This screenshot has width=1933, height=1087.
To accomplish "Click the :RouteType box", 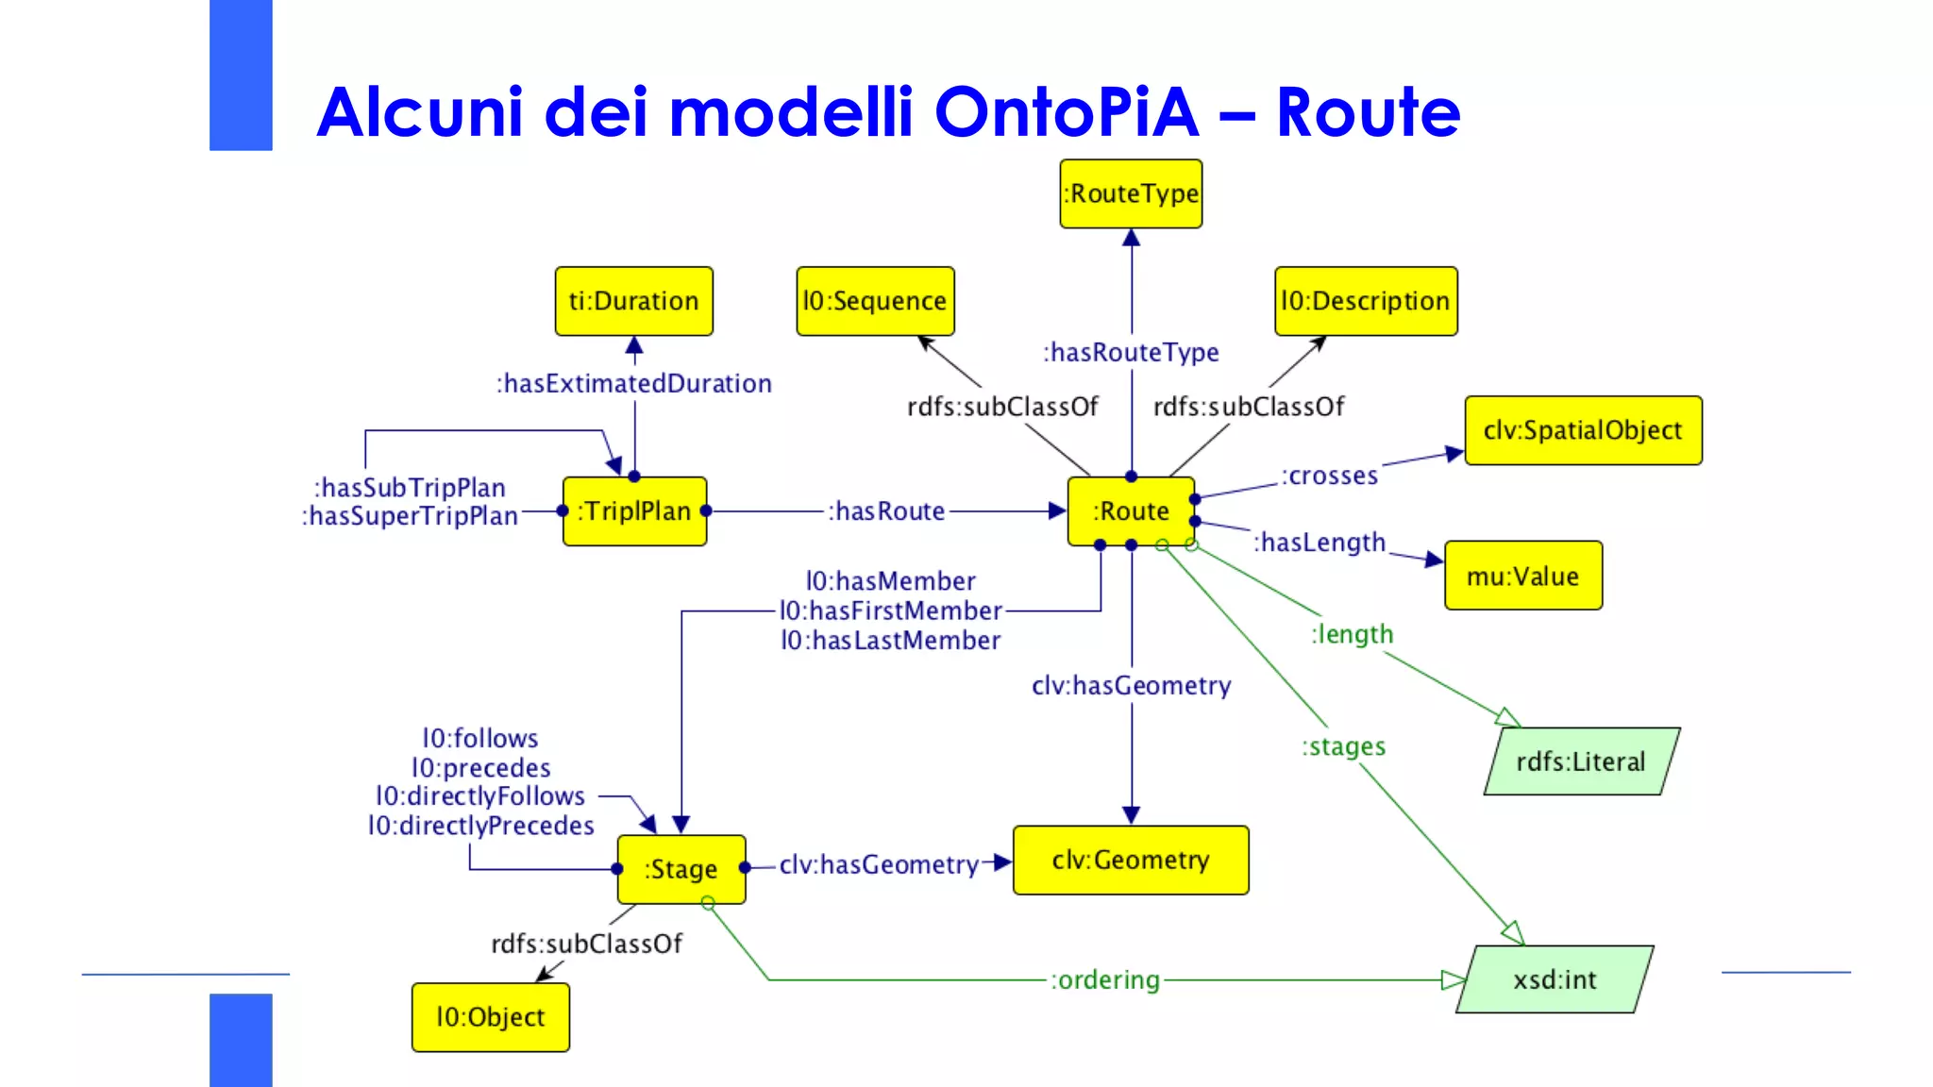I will tap(1131, 193).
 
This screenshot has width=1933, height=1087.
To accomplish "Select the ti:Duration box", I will tap(633, 301).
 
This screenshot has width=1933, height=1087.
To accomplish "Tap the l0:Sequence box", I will tap(875, 301).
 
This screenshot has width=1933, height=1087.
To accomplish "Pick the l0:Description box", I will tap(1365, 301).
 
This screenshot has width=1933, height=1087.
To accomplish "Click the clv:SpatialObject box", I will tap(1583, 430).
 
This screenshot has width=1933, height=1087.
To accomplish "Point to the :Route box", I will tap(1131, 511).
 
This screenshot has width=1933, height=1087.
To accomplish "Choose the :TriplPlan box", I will tap(634, 511).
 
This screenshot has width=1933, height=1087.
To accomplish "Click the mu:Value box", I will tap(1522, 576).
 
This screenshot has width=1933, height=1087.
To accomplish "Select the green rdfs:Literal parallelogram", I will tap(1581, 761).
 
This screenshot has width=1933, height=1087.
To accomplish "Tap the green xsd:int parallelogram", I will tap(1555, 979).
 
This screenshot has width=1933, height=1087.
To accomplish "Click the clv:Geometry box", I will tap(1131, 860).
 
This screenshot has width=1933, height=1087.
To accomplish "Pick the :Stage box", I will tap(681, 869).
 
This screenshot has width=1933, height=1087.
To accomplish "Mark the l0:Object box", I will tap(490, 1017).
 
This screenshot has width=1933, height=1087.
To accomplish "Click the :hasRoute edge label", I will tap(886, 511).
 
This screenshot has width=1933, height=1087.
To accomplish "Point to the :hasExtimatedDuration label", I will tap(634, 383).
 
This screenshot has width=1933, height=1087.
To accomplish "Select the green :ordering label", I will tap(1104, 979).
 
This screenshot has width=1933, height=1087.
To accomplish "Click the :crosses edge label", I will tap(1329, 476).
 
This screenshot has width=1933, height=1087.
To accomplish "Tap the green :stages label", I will tap(1343, 746).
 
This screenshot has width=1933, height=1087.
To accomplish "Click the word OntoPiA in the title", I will tap(1066, 112).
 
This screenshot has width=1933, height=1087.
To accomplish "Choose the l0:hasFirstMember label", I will tap(890, 610).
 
